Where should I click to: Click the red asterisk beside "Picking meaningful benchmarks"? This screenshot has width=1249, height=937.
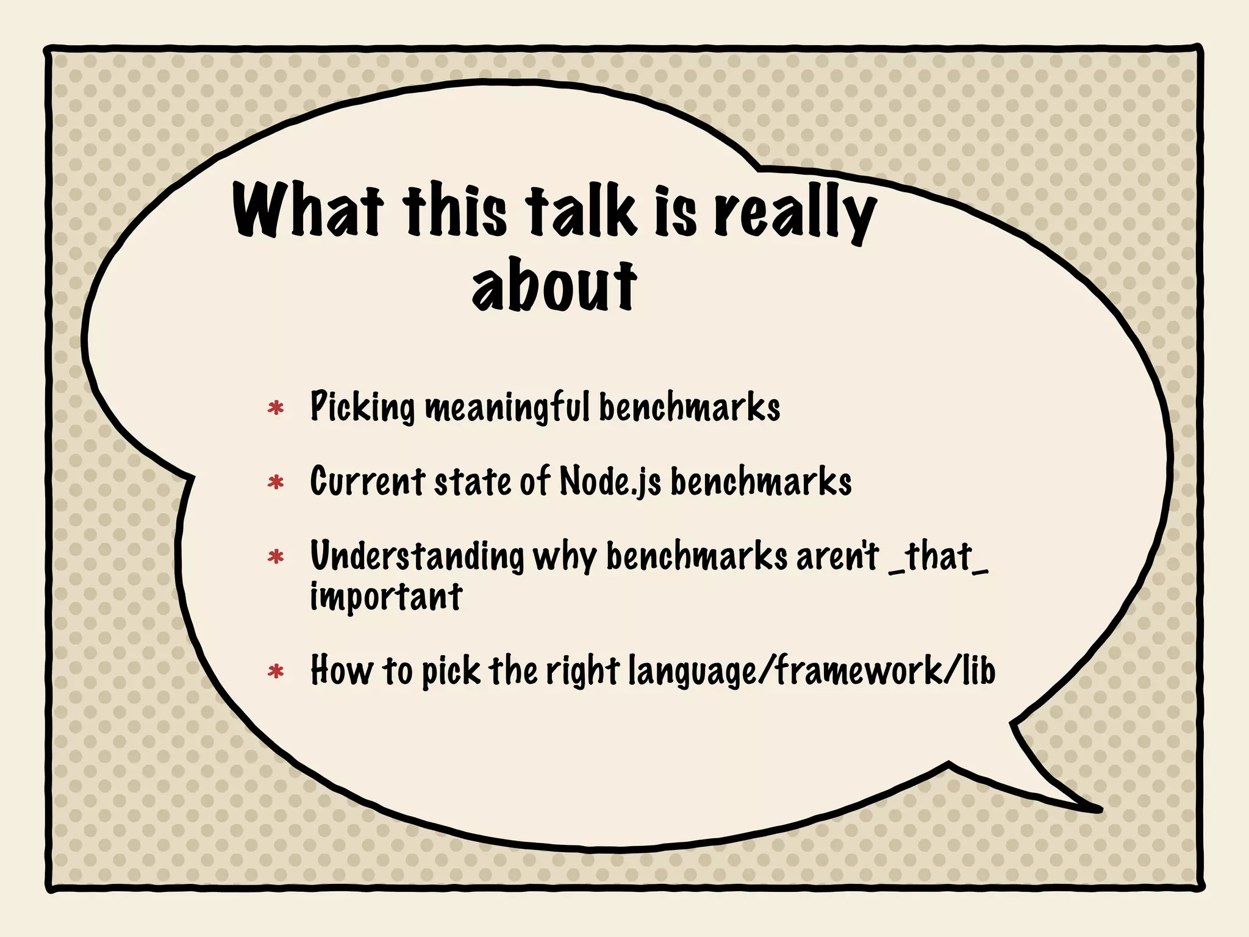276,408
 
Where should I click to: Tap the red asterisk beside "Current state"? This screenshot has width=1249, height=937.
276,483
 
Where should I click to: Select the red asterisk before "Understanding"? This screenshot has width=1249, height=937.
276,557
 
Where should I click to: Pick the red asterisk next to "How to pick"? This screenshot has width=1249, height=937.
276,672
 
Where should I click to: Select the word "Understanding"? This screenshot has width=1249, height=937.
417,556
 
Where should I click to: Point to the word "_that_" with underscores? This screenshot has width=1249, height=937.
939,556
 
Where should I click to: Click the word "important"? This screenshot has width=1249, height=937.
386,596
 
